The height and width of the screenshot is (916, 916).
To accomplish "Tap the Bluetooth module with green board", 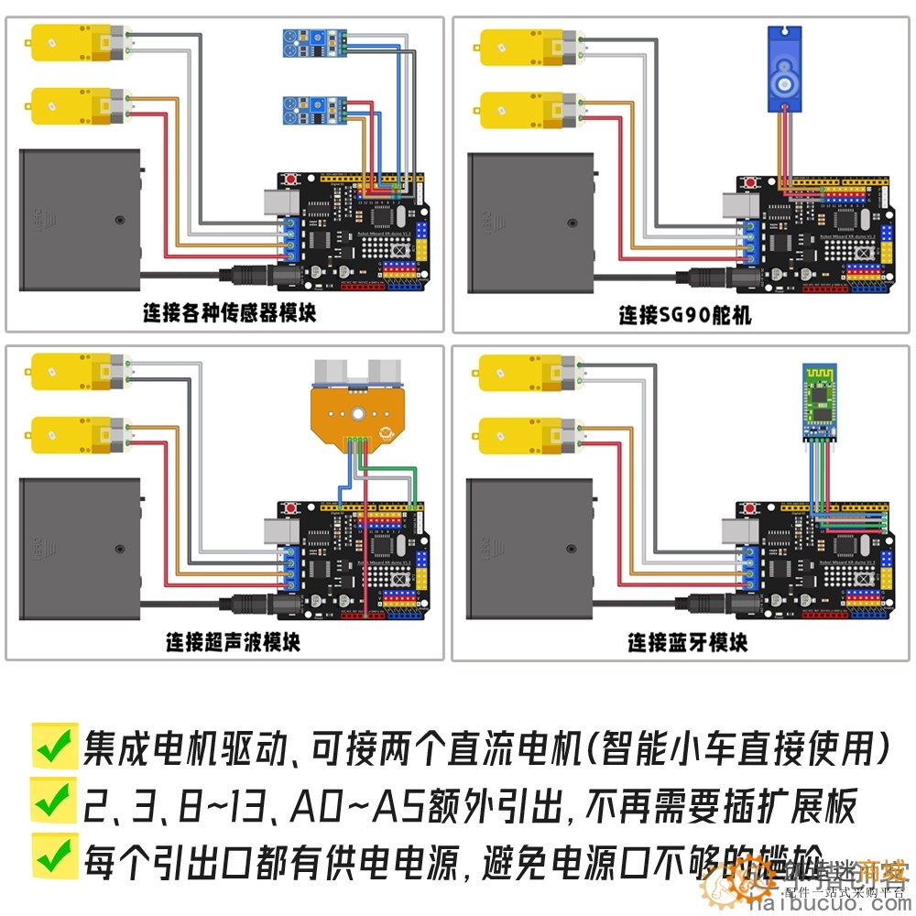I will (818, 400).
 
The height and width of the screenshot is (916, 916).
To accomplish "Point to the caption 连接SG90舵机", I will (684, 315).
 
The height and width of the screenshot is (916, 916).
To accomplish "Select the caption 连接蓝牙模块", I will (687, 643).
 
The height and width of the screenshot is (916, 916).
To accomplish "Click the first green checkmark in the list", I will (53, 747).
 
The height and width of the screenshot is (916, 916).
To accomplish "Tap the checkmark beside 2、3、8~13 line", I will (53, 801).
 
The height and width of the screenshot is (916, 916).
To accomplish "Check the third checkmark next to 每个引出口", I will (53, 856).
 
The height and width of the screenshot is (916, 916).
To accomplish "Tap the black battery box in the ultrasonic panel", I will (81, 549).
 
